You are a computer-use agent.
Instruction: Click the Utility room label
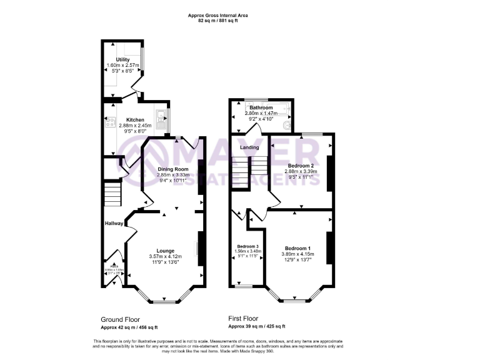(x=122, y=59)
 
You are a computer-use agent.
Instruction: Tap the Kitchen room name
(x=135, y=119)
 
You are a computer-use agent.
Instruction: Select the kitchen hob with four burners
(x=111, y=122)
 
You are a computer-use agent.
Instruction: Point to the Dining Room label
(x=172, y=169)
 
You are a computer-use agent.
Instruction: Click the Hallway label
(x=114, y=223)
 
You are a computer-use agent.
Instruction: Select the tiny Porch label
(x=113, y=266)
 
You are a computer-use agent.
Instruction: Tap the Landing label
(x=250, y=147)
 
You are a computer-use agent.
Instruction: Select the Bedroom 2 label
(x=301, y=165)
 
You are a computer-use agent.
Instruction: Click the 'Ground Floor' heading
(x=121, y=319)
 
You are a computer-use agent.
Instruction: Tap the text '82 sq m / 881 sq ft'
(x=214, y=21)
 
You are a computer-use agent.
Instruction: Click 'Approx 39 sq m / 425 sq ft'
(x=256, y=327)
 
